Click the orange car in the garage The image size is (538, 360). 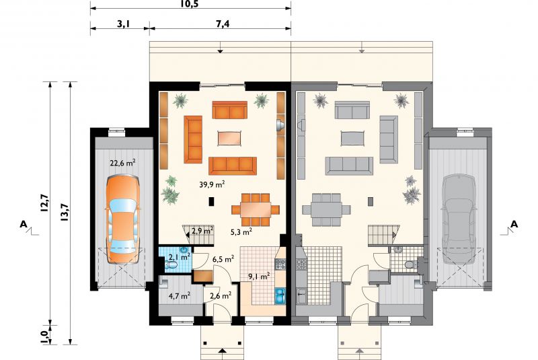tap(123, 219)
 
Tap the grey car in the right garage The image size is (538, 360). tap(459, 219)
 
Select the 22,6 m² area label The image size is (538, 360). tap(122, 163)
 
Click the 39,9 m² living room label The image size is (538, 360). tap(212, 184)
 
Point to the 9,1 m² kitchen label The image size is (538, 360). tap(259, 276)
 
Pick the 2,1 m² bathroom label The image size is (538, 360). tap(180, 256)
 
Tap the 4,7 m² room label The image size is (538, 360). tap(180, 295)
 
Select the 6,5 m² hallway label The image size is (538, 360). tap(223, 259)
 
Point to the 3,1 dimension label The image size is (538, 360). tap(123, 24)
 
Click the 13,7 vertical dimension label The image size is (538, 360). tap(65, 213)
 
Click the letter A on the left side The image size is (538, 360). tap(24, 225)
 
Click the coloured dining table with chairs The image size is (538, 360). tap(256, 210)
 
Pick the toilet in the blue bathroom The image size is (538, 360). tap(171, 264)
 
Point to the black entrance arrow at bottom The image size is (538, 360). tap(223, 351)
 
